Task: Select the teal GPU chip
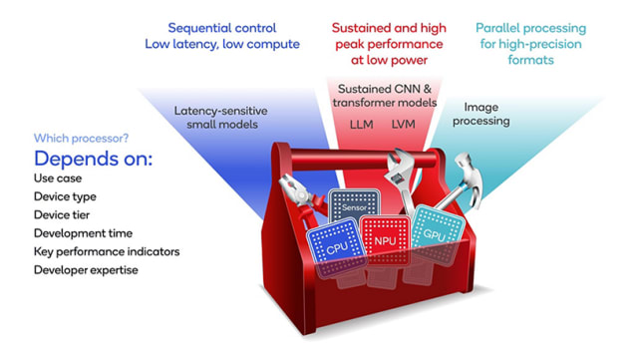(x=435, y=231)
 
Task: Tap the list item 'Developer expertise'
(x=86, y=269)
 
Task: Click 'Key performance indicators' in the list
(x=107, y=251)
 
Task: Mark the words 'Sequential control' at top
(x=222, y=28)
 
